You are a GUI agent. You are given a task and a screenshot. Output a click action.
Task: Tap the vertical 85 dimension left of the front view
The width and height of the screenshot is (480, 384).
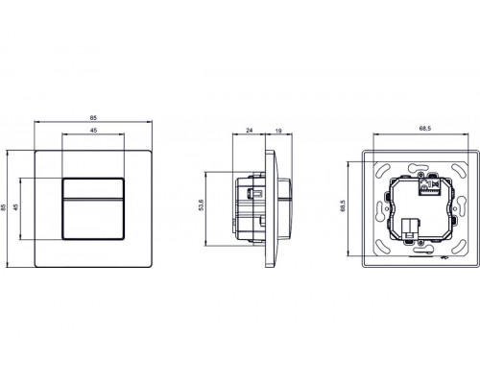(x=8, y=209)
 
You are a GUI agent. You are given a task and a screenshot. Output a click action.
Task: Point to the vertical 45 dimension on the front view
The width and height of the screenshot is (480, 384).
(x=22, y=209)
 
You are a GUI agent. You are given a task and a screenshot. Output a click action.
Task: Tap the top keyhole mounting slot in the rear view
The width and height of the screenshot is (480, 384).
(x=419, y=164)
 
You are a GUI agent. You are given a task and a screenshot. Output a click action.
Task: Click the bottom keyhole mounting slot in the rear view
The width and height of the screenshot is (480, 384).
(x=419, y=254)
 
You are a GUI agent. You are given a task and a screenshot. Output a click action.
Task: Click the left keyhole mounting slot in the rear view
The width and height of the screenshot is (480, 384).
(x=374, y=208)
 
